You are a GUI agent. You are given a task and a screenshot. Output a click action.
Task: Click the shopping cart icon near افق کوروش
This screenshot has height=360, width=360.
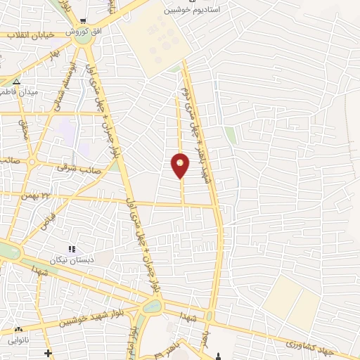[x=84, y=21]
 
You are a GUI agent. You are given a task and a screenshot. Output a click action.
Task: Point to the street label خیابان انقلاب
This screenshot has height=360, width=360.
[x=25, y=35]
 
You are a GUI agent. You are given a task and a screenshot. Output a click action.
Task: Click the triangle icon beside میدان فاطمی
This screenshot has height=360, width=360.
[x=16, y=81]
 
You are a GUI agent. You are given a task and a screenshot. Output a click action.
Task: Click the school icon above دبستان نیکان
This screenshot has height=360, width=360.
[x=71, y=249]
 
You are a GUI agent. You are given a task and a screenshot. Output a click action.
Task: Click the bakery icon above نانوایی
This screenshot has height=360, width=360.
[x=18, y=329]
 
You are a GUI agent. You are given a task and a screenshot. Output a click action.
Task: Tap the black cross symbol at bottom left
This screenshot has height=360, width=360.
[x=48, y=353]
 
